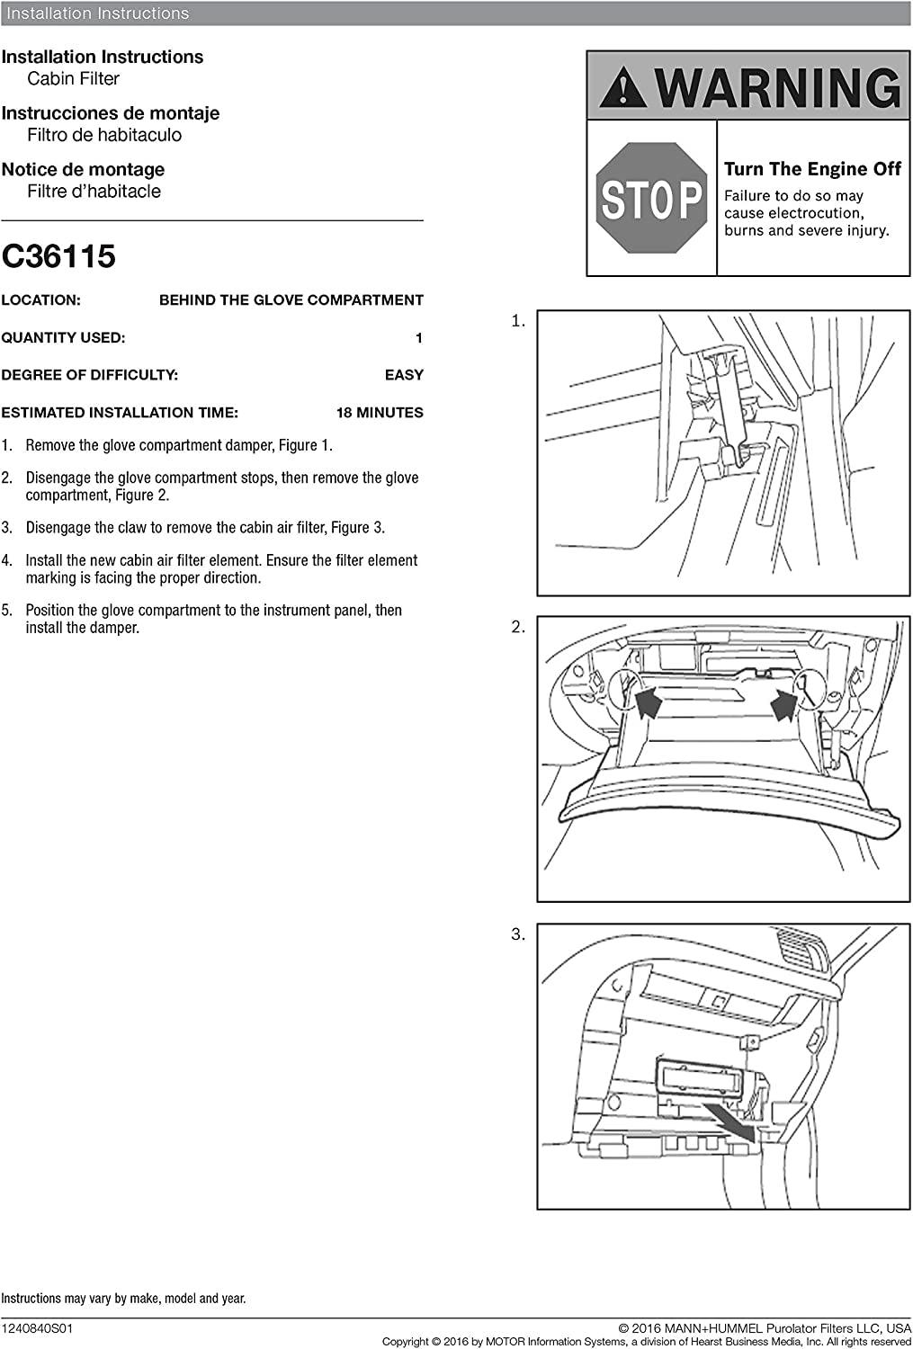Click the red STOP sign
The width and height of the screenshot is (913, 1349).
pos(651,198)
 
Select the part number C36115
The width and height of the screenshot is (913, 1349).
pos(58,257)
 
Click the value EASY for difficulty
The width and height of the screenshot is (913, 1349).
pos(404,375)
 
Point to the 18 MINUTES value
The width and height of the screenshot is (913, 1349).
pos(380,413)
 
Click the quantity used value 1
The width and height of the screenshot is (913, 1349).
pos(418,338)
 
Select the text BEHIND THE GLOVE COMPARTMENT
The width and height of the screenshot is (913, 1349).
pos(291,300)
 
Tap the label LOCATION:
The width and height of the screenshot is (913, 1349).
pos(40,300)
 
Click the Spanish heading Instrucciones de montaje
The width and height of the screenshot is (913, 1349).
pos(110,113)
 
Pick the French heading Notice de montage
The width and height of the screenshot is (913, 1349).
pos(83,170)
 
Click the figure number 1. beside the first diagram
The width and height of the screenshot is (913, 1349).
pos(518,321)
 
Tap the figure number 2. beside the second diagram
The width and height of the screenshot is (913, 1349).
pos(518,628)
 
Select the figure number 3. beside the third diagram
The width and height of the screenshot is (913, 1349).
pos(518,934)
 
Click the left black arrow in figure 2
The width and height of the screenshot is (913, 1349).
pos(648,701)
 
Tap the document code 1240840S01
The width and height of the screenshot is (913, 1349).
pos(37,1327)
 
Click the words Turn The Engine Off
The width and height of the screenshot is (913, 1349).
pos(812,169)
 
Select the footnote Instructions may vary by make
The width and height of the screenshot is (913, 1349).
pos(123,1299)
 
